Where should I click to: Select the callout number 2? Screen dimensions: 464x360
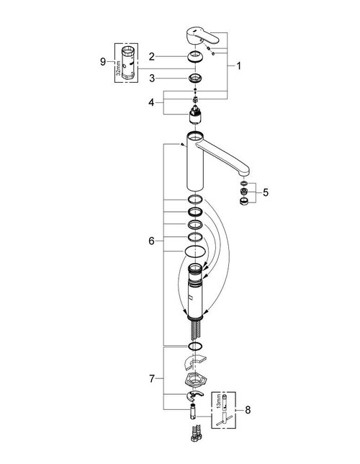point(152,55)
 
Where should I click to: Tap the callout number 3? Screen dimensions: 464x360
point(152,77)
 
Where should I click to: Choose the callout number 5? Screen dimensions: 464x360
point(266,192)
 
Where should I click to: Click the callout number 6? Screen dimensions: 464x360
point(152,240)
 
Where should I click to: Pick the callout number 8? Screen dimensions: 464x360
point(249,411)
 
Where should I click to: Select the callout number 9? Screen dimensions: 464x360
point(103,62)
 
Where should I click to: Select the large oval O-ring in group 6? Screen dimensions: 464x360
point(195,251)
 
